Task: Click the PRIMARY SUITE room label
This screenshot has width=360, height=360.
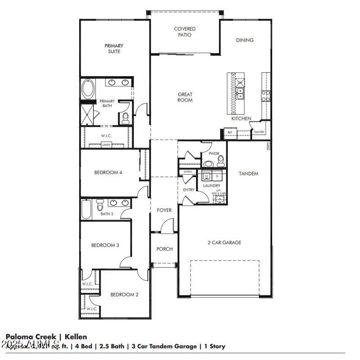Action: pyautogui.click(x=114, y=49)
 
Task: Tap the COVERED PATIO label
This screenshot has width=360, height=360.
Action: pyautogui.click(x=185, y=32)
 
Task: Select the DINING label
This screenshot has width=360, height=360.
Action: pyautogui.click(x=245, y=40)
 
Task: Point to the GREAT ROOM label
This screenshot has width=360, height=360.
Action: pyautogui.click(x=185, y=97)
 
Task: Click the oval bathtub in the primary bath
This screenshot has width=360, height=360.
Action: pyautogui.click(x=88, y=89)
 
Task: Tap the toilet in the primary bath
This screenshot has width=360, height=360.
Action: pyautogui.click(x=125, y=118)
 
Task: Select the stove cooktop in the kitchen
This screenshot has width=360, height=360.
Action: pyautogui.click(x=265, y=95)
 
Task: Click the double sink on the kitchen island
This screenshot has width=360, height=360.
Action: pyautogui.click(x=240, y=93)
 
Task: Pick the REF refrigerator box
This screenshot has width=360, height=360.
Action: pyautogui.click(x=229, y=133)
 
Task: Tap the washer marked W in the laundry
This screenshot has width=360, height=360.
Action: pyautogui.click(x=207, y=176)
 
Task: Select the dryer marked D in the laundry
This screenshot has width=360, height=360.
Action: pyautogui.click(x=217, y=176)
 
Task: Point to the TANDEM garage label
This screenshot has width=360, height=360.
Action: pyautogui.click(x=248, y=173)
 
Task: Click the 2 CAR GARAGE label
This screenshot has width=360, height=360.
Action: pyautogui.click(x=224, y=243)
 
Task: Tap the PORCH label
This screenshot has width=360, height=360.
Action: pyautogui.click(x=164, y=249)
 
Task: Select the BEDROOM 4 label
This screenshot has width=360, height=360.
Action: pyautogui.click(x=108, y=172)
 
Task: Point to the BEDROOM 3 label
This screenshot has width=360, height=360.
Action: pyautogui.click(x=105, y=245)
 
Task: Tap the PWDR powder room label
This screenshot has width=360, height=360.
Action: pyautogui.click(x=214, y=154)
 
